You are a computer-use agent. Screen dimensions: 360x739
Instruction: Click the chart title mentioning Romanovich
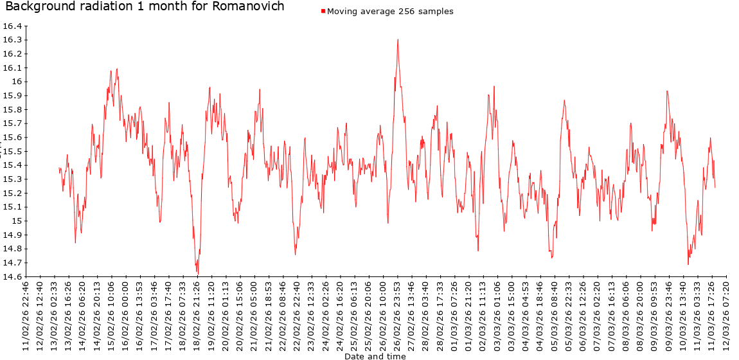(x=145, y=7)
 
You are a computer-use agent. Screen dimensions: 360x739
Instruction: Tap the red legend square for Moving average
(x=323, y=12)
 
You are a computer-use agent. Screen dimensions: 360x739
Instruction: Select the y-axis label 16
(x=16, y=82)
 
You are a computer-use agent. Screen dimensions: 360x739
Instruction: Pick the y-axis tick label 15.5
(x=13, y=151)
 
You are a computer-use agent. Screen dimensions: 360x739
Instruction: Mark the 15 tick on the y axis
(x=16, y=221)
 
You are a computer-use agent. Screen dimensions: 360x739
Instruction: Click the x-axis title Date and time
(x=375, y=355)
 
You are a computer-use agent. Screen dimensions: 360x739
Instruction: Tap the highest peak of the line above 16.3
(x=398, y=40)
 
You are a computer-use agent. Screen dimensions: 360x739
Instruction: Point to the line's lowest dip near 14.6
(x=197, y=273)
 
